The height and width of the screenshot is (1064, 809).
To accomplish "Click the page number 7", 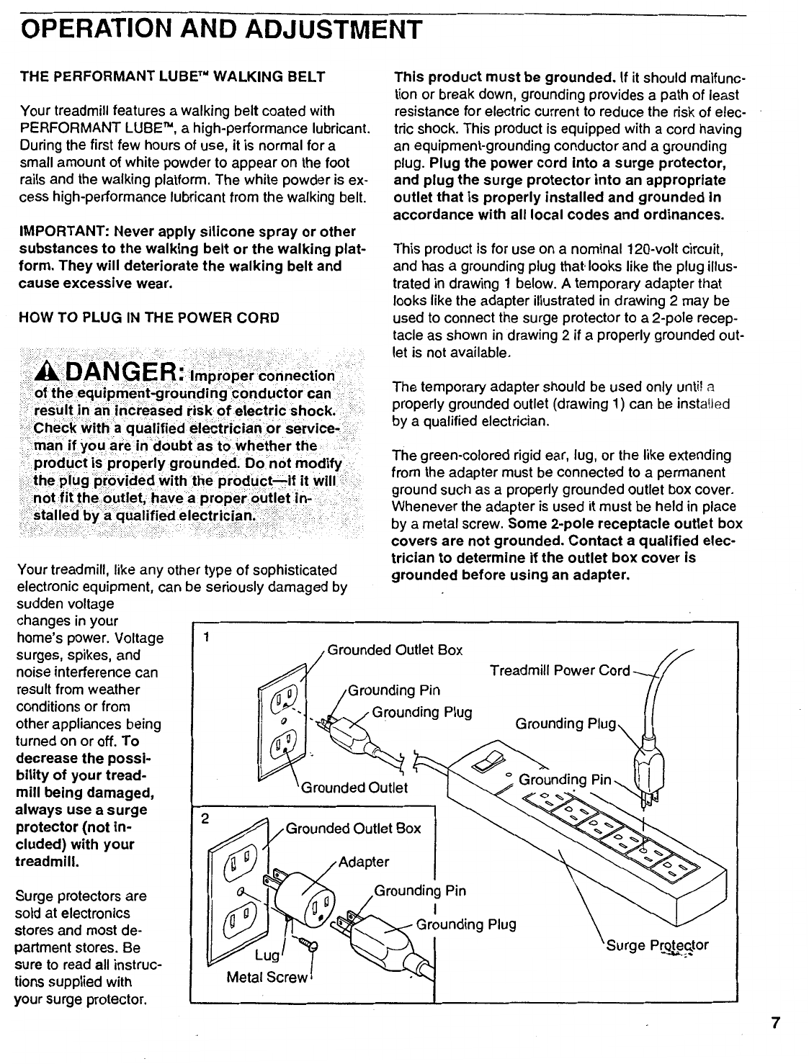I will [x=775, y=1024].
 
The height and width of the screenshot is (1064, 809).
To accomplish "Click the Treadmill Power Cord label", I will [x=560, y=671].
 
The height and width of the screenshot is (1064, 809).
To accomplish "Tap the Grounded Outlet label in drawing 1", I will [x=354, y=788].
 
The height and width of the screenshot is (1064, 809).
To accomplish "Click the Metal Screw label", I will [x=267, y=977].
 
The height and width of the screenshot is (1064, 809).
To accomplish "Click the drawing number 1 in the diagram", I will [x=207, y=637].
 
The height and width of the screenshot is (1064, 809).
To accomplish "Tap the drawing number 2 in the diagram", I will [x=205, y=819].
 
